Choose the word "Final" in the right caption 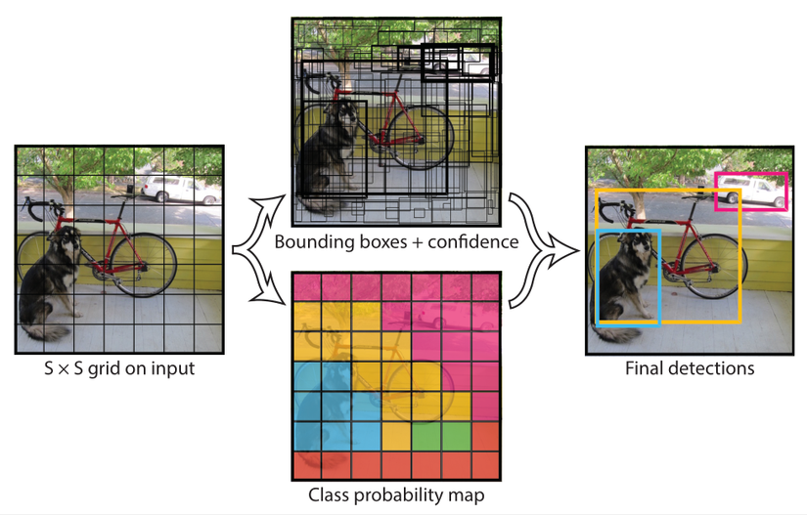pos(644,368)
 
